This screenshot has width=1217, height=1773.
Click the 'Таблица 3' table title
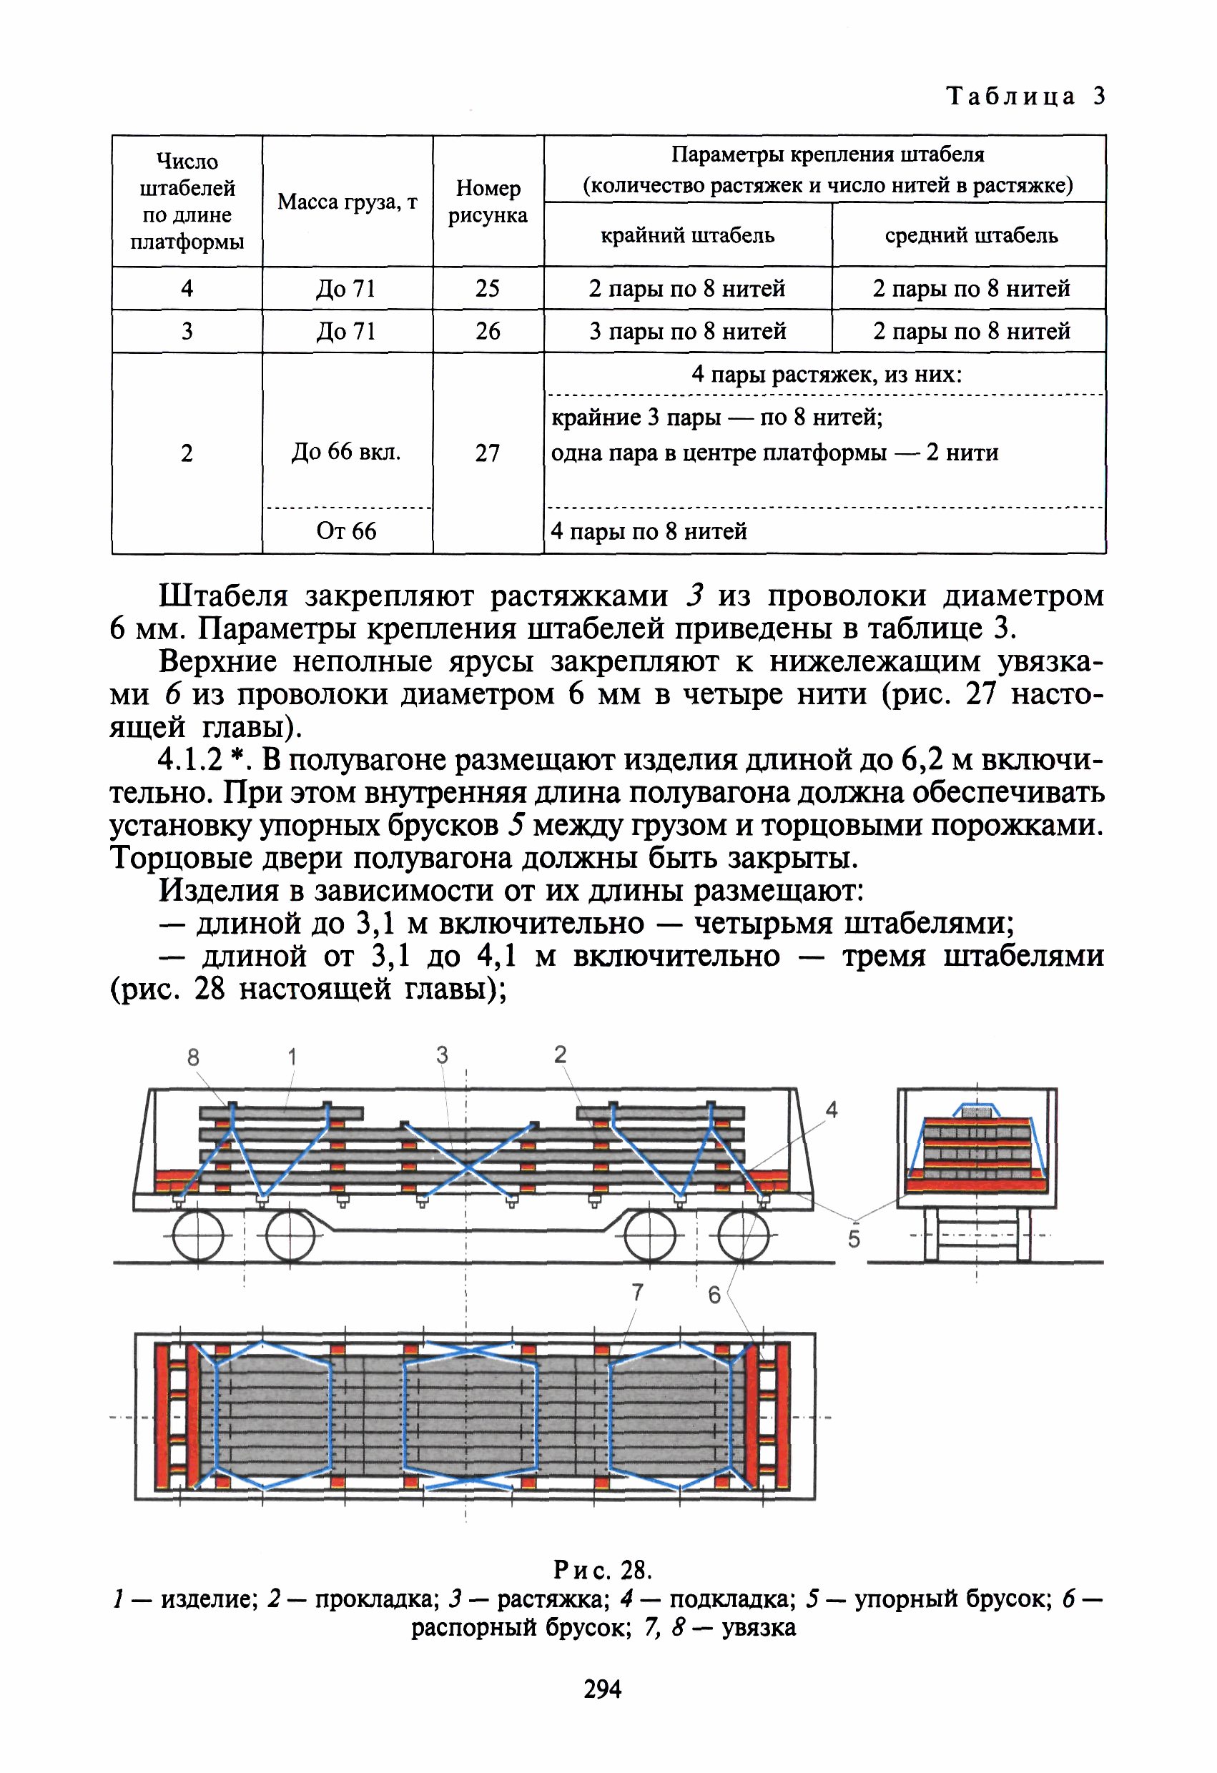click(x=1025, y=96)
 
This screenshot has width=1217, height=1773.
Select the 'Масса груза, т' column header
click(x=348, y=202)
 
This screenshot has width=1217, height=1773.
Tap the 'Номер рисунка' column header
click(x=488, y=202)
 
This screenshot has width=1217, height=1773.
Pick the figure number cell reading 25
click(x=488, y=288)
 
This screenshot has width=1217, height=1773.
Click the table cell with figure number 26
click(x=488, y=331)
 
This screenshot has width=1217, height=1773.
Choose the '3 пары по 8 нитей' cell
click(x=687, y=331)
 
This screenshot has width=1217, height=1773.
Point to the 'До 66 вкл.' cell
click(x=346, y=452)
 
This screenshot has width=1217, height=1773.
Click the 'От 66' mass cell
click(x=346, y=531)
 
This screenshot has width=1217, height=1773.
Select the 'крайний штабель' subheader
click(x=687, y=235)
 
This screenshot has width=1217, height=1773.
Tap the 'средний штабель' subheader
click(x=970, y=235)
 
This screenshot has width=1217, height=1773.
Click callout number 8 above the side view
click(x=193, y=1057)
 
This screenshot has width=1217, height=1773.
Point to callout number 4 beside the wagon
click(x=832, y=1110)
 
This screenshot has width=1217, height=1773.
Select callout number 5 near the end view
click(x=854, y=1239)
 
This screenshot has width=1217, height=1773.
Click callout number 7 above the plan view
click(x=638, y=1293)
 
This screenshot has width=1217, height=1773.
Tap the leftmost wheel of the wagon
click(x=198, y=1235)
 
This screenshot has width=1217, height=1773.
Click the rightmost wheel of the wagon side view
click(x=743, y=1235)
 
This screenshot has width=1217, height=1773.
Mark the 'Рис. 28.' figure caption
click(x=603, y=1570)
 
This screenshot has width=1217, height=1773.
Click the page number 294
click(x=603, y=1689)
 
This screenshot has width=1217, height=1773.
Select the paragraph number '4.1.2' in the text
click(x=190, y=760)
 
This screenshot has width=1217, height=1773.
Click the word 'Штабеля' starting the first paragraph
click(x=224, y=596)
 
